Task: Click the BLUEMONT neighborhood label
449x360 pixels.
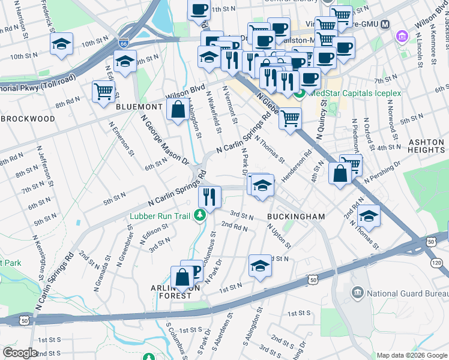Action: [139, 106]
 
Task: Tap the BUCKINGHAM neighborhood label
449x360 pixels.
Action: [296, 216]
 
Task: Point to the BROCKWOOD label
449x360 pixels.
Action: [28, 118]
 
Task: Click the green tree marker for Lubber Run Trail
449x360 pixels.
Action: [204, 214]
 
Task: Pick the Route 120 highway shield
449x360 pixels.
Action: [436, 263]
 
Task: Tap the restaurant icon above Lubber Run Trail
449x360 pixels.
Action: [209, 196]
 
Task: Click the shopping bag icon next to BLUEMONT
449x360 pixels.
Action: [178, 110]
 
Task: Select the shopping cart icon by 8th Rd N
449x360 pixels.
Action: [104, 91]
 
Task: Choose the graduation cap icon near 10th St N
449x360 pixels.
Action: [61, 44]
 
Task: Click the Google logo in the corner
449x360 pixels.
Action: [20, 353]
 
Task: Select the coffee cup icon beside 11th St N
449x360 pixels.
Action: [199, 9]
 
